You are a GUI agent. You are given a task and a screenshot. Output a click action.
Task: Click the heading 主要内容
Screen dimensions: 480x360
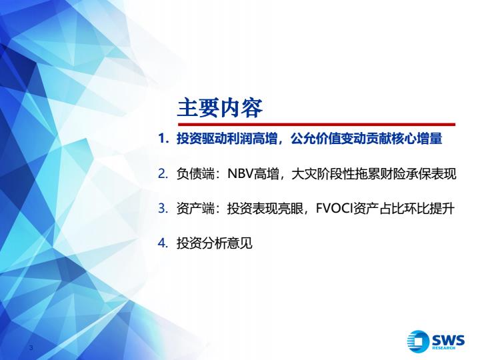(x=220, y=108)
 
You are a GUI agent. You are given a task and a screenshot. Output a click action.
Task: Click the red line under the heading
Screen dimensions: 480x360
(x=317, y=125)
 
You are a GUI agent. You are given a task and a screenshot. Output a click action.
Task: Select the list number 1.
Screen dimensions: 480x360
(x=163, y=139)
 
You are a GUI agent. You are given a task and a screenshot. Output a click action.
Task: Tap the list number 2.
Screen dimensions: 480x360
(x=163, y=174)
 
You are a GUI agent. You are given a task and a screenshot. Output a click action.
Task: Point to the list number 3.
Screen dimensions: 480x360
(x=163, y=209)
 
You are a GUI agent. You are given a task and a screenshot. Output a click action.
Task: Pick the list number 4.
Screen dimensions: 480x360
(x=163, y=243)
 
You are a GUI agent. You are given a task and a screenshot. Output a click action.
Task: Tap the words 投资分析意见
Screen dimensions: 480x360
(x=214, y=243)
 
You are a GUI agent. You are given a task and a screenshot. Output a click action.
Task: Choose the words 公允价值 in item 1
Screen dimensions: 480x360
(x=315, y=139)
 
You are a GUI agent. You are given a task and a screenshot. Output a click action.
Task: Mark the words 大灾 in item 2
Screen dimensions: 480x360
(x=304, y=174)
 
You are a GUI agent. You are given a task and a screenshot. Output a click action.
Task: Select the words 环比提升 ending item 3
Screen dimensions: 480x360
(x=429, y=209)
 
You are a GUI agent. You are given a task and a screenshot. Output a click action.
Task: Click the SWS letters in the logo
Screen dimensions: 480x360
(x=448, y=340)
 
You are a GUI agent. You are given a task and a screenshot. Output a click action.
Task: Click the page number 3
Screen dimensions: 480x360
(x=31, y=347)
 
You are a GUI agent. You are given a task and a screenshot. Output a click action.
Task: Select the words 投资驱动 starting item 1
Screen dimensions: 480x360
(x=202, y=139)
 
